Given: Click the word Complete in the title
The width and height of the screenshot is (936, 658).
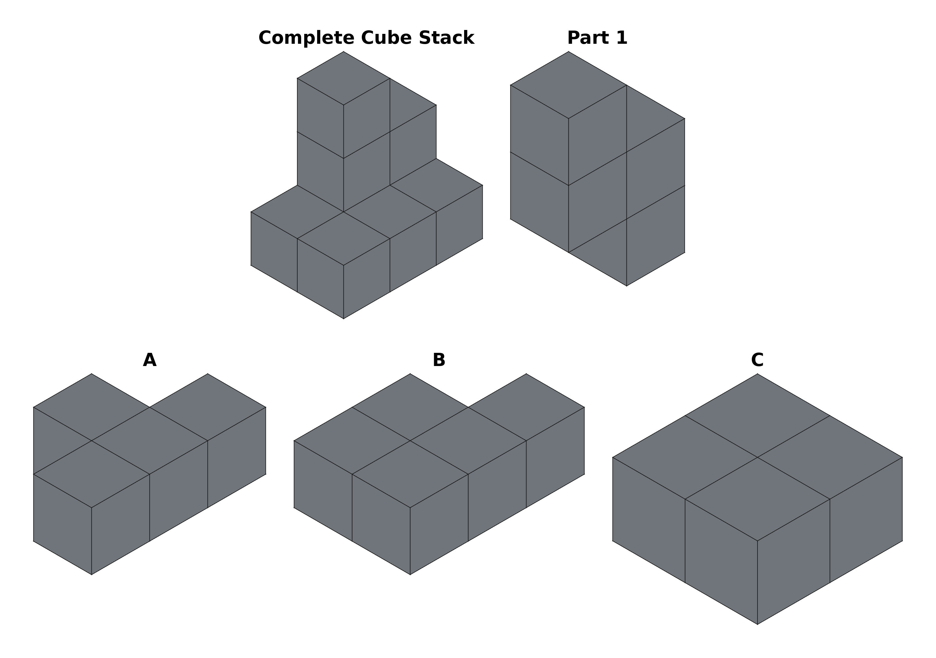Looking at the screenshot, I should (306, 38).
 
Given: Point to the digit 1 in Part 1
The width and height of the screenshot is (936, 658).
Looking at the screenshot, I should (622, 38).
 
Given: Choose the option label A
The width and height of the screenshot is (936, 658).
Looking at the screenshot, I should (150, 360).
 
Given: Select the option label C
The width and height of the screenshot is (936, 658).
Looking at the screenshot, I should (757, 360).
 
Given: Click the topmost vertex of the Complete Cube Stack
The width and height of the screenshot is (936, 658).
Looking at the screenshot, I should (344, 52).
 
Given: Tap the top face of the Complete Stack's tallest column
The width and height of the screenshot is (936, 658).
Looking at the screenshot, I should (344, 78).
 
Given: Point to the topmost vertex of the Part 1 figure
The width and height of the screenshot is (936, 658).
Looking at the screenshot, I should (569, 52).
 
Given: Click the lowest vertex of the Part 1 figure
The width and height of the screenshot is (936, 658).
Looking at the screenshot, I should (627, 286).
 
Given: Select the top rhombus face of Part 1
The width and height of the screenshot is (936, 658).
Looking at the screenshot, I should (569, 85).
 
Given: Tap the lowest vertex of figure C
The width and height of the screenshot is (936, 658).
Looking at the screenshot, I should (757, 624).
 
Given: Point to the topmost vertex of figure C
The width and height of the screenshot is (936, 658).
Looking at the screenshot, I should (757, 374).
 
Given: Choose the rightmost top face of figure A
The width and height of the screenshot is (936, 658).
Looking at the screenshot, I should (208, 407).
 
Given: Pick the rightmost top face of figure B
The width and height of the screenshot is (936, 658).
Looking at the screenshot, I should (526, 407).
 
